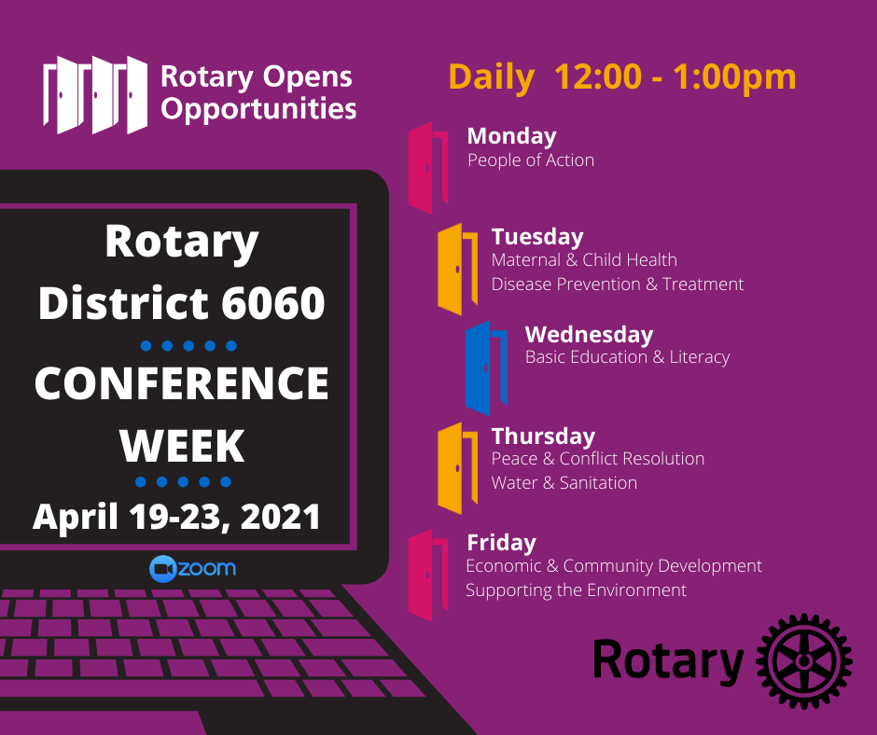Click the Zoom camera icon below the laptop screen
pyautogui.click(x=163, y=569)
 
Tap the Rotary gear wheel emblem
pyautogui.click(x=803, y=661)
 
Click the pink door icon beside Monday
pyautogui.click(x=428, y=168)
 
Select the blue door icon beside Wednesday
pyautogui.click(x=486, y=368)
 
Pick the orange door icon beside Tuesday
pyautogui.click(x=457, y=269)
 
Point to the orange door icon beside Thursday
pyautogui.click(x=457, y=468)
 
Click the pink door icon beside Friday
pyautogui.click(x=428, y=575)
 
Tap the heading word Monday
pyautogui.click(x=512, y=136)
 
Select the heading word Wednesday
pyautogui.click(x=589, y=335)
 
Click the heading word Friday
pyautogui.click(x=501, y=543)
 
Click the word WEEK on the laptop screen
pyautogui.click(x=182, y=446)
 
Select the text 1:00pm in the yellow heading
pyautogui.click(x=734, y=77)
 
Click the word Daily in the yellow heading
pyautogui.click(x=491, y=77)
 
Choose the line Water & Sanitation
pyautogui.click(x=564, y=482)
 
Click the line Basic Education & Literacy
pyautogui.click(x=627, y=357)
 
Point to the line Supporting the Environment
pyautogui.click(x=576, y=590)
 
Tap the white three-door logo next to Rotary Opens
pyautogui.click(x=95, y=94)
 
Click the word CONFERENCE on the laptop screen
pyautogui.click(x=182, y=383)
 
